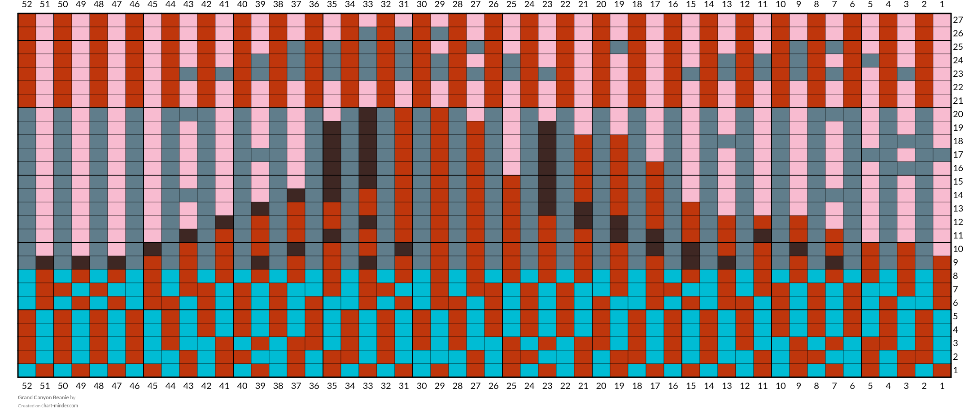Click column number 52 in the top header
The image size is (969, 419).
[27, 4]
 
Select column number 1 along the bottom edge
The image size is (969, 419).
[942, 386]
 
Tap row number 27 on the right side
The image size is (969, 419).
[958, 20]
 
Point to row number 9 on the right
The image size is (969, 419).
[956, 263]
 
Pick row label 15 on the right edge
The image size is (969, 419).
[958, 182]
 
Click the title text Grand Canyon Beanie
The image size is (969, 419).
[44, 397]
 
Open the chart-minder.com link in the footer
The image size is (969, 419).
[60, 406]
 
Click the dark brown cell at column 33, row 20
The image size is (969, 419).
[368, 115]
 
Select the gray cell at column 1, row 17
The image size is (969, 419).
[942, 155]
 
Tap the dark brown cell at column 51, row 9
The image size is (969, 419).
[45, 263]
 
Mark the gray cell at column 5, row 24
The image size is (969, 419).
[870, 61]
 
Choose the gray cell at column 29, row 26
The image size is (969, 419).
[440, 34]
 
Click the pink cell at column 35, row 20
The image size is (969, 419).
[332, 115]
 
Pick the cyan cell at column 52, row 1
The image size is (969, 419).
[27, 370]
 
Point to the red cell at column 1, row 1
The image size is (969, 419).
[942, 370]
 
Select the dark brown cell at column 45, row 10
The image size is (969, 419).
[153, 249]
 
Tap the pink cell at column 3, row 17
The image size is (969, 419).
[906, 155]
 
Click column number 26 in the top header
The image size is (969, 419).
[493, 4]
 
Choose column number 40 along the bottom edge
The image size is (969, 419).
[242, 386]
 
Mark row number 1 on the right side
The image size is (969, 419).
[956, 370]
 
